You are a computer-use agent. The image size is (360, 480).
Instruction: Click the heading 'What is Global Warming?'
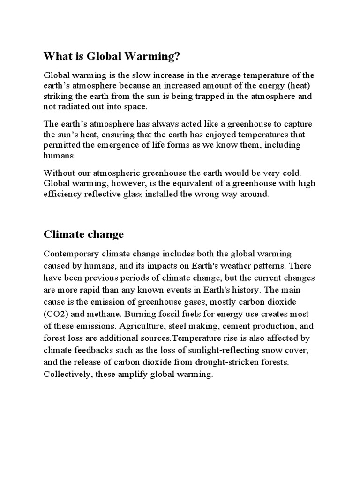pos(112,57)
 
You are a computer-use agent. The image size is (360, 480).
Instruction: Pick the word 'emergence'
pos(139,145)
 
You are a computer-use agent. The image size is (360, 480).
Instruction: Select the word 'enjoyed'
pos(220,135)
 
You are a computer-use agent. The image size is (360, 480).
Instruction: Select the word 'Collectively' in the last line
pos(66,374)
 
